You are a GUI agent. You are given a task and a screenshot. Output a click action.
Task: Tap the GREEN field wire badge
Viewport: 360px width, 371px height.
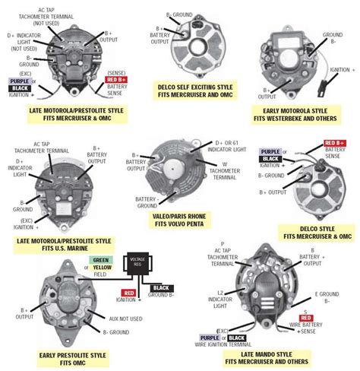point(100,260)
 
